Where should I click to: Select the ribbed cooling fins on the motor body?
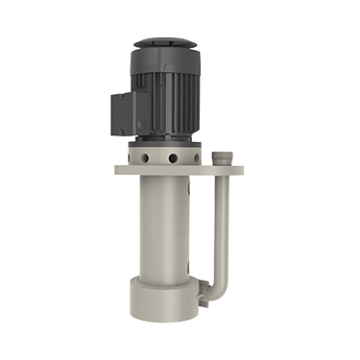178,96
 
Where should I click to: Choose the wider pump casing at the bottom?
163,298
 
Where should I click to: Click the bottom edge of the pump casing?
163,317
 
